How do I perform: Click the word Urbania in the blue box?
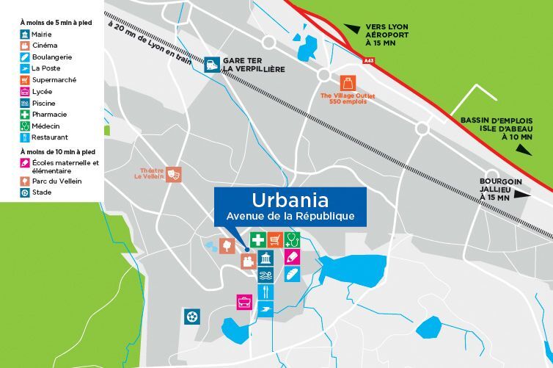(x=290, y=199)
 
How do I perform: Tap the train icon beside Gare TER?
(x=211, y=65)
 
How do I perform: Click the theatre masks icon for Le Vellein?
(x=173, y=174)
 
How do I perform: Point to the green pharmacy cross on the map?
(x=257, y=239)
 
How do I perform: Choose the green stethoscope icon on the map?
(x=293, y=239)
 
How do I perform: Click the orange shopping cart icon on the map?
(x=275, y=239)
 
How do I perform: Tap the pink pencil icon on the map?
(x=293, y=257)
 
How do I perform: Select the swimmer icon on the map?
(x=265, y=275)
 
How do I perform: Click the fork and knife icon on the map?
(x=265, y=292)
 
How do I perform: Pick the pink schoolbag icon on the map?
(x=244, y=300)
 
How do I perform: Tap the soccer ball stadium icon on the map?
(x=191, y=316)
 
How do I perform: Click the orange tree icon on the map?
(x=227, y=245)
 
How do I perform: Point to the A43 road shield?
(x=367, y=62)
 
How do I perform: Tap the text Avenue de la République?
(x=290, y=216)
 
